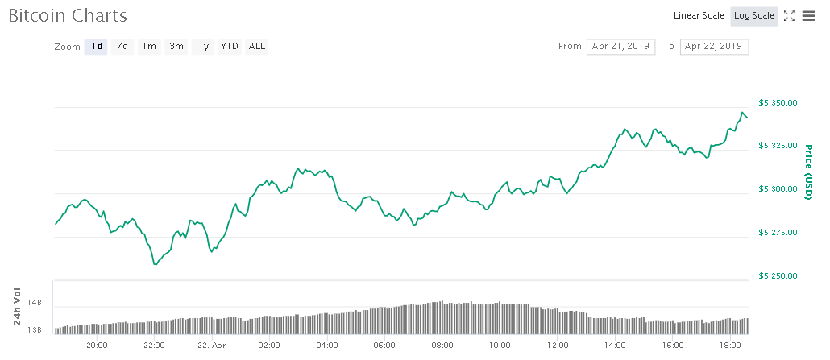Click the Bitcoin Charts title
68,15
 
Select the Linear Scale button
699,15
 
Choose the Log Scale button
754,15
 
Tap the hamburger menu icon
808,16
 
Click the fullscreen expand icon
789,16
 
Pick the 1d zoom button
97,46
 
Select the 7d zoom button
122,46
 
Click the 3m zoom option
176,46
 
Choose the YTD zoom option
230,46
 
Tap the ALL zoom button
257,46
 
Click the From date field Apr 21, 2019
621,46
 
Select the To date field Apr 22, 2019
714,46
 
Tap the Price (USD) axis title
807,172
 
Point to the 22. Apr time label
211,345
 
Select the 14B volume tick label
35,303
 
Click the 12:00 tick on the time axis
558,345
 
